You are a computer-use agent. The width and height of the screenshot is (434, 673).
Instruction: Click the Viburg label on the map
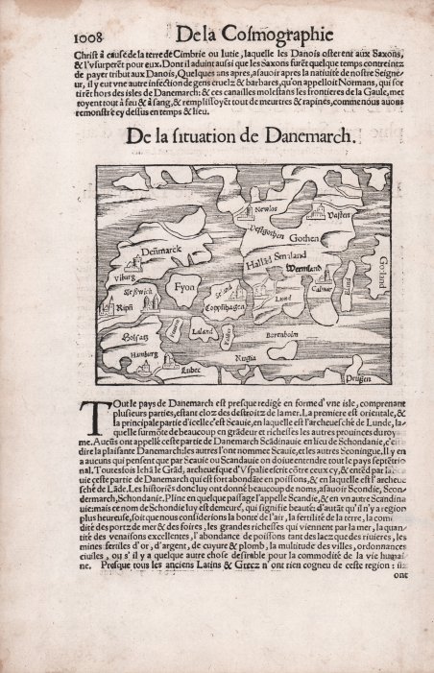pyautogui.click(x=127, y=275)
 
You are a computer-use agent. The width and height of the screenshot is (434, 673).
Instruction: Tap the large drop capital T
pyautogui.click(x=92, y=417)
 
